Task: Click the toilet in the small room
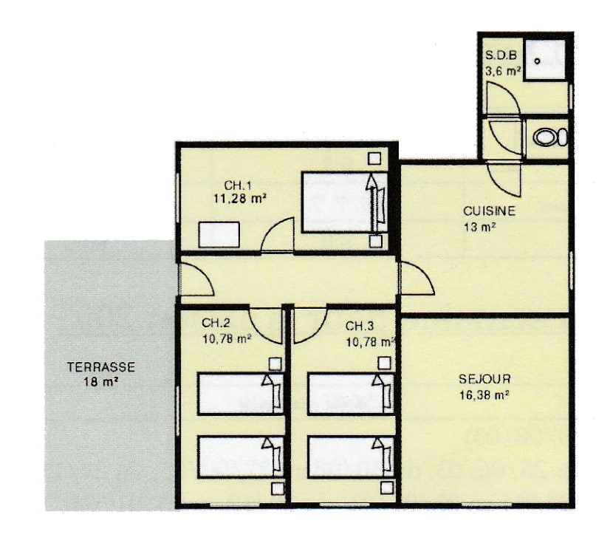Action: pos(550,137)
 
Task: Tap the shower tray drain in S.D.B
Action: pos(537,61)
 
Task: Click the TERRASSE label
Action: pos(101,367)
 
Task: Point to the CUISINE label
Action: pos(489,211)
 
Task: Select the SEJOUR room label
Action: pos(484,379)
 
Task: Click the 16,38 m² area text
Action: pos(484,395)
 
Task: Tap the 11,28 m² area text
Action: pos(239,199)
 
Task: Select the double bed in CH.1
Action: pos(344,202)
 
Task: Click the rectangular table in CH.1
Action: pos(219,234)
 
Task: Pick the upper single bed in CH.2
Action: pos(241,394)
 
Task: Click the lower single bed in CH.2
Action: pos(241,457)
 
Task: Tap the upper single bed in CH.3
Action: pos(351,394)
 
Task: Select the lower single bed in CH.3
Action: pos(351,457)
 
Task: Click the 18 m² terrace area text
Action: pos(101,381)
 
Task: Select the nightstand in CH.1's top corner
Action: pos(374,158)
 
